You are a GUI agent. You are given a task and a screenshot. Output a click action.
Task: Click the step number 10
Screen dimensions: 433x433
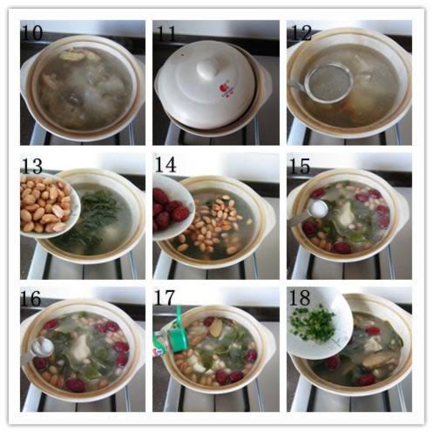click(x=32, y=32)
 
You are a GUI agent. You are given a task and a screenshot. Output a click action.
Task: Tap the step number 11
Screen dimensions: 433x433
click(x=166, y=33)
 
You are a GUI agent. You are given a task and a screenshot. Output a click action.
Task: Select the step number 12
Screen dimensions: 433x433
click(x=301, y=32)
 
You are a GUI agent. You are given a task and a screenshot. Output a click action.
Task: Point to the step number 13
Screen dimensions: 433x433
click(x=32, y=166)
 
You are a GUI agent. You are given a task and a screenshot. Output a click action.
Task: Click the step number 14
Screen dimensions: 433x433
click(x=166, y=165)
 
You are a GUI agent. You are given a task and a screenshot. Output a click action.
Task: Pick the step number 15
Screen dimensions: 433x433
click(x=300, y=166)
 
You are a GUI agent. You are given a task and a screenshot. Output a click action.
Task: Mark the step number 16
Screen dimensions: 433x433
click(x=31, y=298)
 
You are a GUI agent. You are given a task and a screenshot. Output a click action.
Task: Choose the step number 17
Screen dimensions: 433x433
click(x=165, y=298)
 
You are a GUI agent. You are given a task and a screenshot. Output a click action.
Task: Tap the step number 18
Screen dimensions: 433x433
click(x=300, y=298)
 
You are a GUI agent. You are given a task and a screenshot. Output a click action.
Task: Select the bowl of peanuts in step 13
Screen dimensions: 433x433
click(x=49, y=205)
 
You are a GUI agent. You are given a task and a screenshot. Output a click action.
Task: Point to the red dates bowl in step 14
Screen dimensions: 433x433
click(x=172, y=207)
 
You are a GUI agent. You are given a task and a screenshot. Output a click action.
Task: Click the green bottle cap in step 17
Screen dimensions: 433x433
click(x=179, y=332)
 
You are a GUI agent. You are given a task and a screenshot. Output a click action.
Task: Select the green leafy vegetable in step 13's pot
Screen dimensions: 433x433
click(x=98, y=211)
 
